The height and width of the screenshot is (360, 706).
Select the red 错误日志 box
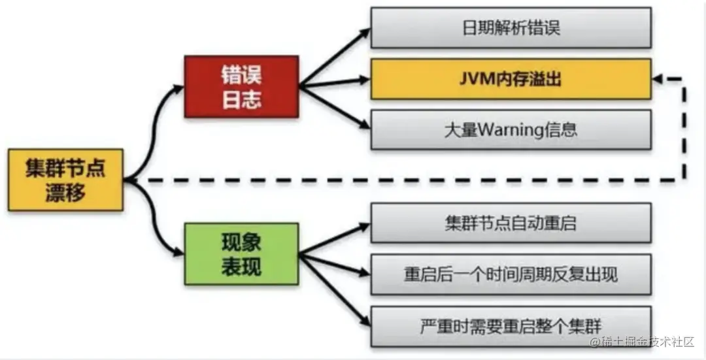click(241, 87)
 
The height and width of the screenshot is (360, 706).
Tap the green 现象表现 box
click(241, 254)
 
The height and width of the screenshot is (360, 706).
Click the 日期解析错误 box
click(511, 28)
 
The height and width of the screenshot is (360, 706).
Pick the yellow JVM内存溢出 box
click(511, 79)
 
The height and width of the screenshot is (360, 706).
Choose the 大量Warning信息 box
click(511, 129)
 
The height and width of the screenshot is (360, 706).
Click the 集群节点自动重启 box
click(511, 223)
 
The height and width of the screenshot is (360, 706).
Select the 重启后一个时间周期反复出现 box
click(511, 274)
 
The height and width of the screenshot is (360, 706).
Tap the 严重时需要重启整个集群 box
click(511, 325)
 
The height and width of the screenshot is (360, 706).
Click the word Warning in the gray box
click(511, 129)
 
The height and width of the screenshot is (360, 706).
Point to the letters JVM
click(476, 79)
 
